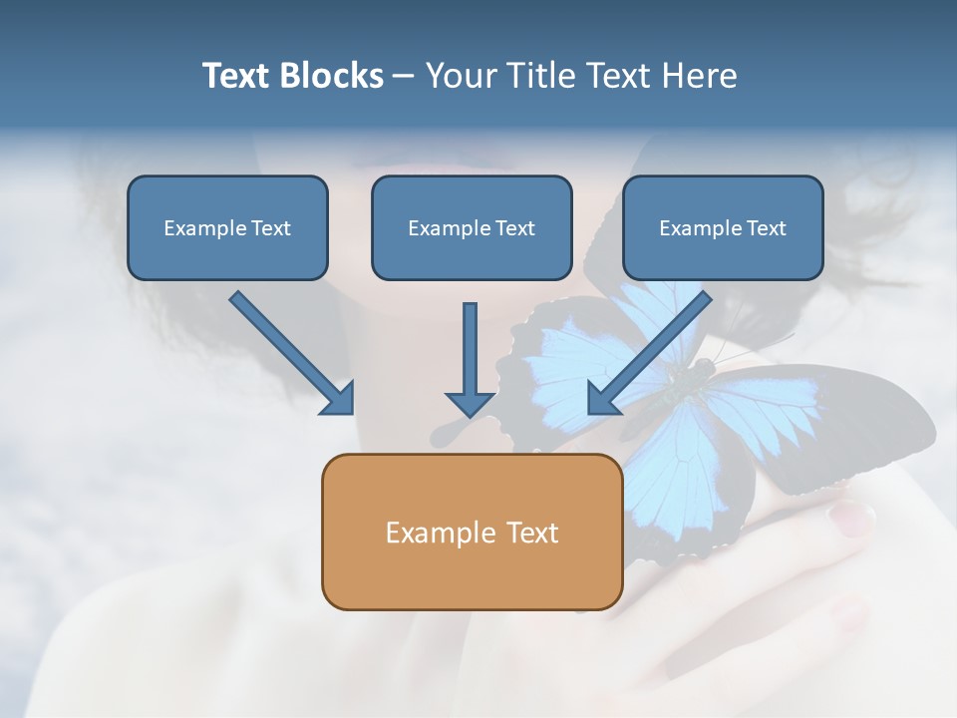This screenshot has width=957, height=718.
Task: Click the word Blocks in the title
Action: [331, 75]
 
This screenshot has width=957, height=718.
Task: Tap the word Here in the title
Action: [700, 75]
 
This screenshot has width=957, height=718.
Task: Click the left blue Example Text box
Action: [227, 227]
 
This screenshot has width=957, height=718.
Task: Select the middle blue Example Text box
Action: [472, 227]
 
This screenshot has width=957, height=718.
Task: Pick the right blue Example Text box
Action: [724, 227]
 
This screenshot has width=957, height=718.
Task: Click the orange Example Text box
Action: [473, 532]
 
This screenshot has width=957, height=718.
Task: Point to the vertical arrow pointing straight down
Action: [470, 360]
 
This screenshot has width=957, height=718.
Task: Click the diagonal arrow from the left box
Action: [292, 353]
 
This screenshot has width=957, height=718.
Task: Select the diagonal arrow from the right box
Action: [649, 353]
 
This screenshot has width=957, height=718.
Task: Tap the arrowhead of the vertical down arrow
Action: [470, 405]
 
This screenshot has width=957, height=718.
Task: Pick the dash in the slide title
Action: [404, 77]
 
